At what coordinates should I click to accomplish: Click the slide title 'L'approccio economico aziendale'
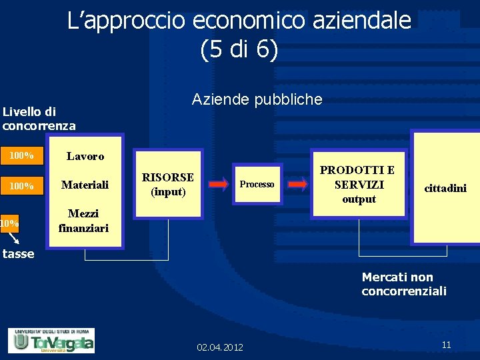[x=239, y=21]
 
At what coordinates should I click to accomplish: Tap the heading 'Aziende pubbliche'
[x=257, y=100]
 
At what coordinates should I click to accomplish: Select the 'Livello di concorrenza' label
[x=39, y=119]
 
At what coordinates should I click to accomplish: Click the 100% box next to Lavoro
[x=21, y=156]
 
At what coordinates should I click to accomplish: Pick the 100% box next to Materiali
[x=21, y=185]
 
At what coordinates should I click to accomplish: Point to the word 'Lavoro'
[x=85, y=157]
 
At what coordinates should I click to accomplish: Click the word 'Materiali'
[x=85, y=185]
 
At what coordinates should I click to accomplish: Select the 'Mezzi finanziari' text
[x=83, y=221]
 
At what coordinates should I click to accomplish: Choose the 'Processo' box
[x=257, y=184]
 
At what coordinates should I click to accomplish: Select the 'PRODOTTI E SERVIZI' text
[x=359, y=177]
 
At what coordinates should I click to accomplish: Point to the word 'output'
[x=359, y=199]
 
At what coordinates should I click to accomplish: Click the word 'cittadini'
[x=445, y=189]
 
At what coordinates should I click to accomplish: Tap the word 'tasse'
[x=18, y=254]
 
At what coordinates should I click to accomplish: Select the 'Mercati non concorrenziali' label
[x=403, y=284]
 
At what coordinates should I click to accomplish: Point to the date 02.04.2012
[x=220, y=347]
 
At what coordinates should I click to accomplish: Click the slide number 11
[x=446, y=345]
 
